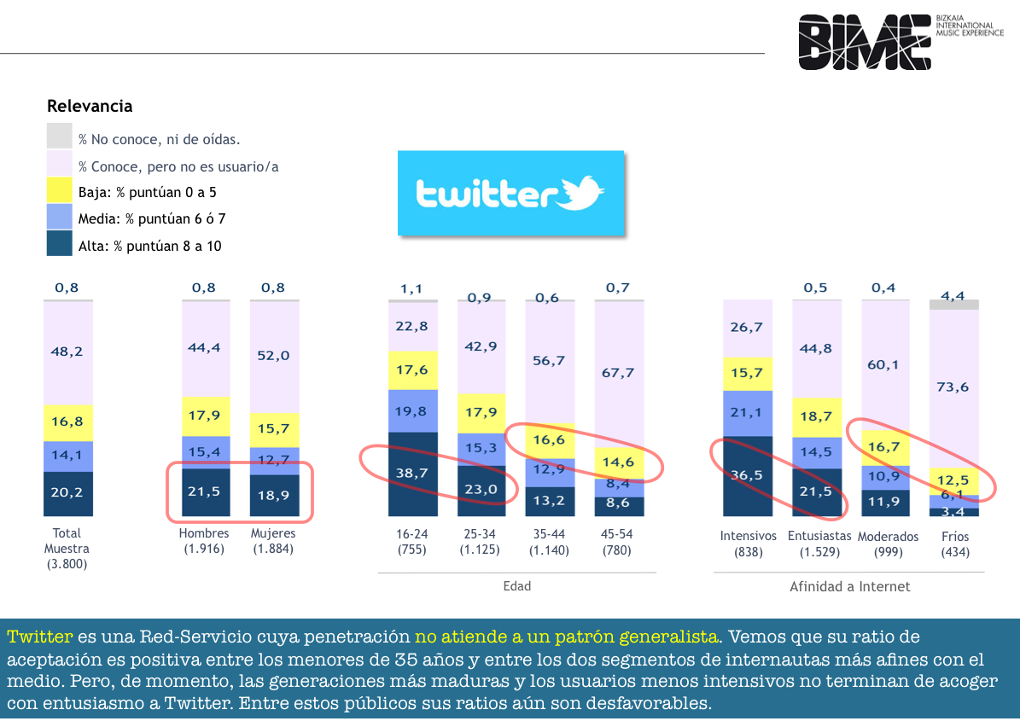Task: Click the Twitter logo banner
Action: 510,193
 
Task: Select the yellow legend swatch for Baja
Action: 59,190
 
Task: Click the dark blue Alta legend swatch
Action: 59,244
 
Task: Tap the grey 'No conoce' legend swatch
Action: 59,136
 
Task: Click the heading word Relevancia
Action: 90,106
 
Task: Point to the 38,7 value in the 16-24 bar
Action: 411,473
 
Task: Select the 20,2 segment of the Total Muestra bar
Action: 67,493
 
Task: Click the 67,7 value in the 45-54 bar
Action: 618,373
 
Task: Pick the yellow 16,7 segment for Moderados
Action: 885,447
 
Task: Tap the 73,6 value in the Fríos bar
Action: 953,387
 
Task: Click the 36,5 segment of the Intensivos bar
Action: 748,476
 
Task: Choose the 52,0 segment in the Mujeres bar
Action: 274,357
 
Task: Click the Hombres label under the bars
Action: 204,533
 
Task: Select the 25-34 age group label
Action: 480,534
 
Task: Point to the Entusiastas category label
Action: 819,536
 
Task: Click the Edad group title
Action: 517,586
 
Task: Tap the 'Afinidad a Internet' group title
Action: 849,586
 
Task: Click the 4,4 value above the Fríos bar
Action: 953,296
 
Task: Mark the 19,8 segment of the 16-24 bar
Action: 412,411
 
